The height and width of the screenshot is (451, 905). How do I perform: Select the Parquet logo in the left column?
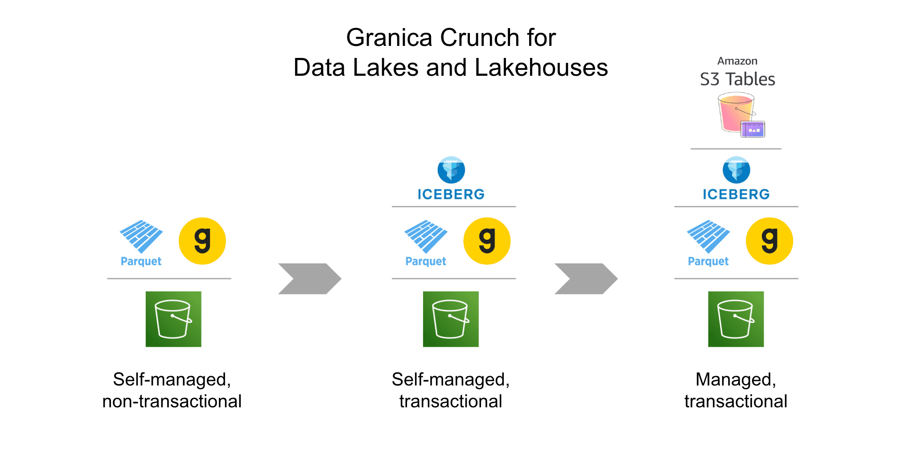tap(141, 242)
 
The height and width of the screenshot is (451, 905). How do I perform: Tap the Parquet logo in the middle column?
tap(426, 242)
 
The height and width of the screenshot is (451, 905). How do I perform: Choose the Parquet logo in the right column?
tap(708, 242)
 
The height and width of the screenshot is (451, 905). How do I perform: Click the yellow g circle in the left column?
tap(202, 241)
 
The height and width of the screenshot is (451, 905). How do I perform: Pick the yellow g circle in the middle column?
tap(487, 241)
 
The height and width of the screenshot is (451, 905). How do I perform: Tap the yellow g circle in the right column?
tap(769, 241)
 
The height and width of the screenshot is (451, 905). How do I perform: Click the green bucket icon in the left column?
tap(173, 319)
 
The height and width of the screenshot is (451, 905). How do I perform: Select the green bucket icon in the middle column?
tap(451, 319)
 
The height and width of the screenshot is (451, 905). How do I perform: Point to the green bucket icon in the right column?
tap(736, 319)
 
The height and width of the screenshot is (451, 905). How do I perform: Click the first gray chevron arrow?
tap(309, 279)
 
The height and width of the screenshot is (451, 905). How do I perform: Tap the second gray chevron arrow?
tap(586, 279)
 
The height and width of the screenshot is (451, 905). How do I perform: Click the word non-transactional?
tap(172, 402)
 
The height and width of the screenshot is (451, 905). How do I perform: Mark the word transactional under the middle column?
tap(451, 402)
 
